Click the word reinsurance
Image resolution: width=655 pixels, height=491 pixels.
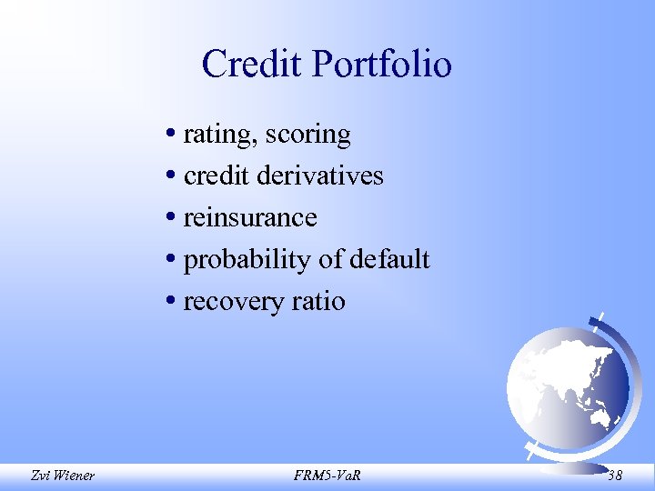coord(250,217)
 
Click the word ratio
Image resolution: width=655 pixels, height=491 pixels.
coord(318,301)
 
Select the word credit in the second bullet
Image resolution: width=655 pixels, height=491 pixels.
coord(217,175)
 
